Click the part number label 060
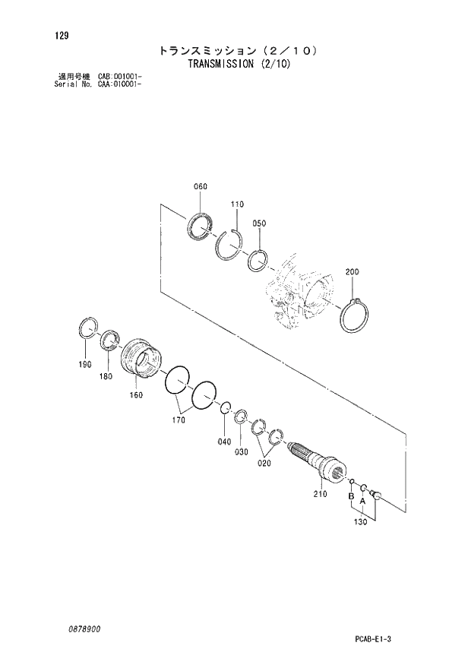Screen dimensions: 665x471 click(201, 186)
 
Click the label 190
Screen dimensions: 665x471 click(86, 364)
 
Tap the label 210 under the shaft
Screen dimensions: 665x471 click(319, 494)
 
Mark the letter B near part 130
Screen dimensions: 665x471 click(350, 497)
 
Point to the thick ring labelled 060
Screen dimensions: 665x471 click(201, 226)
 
